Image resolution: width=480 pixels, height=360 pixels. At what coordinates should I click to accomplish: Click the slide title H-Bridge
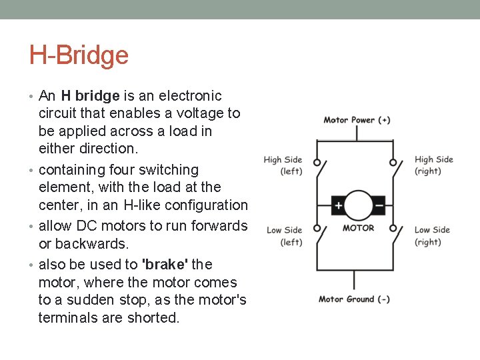click(x=79, y=55)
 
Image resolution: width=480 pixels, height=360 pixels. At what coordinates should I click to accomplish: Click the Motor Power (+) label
click(x=357, y=120)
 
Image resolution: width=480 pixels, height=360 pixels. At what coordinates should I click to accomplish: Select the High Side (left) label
click(x=283, y=165)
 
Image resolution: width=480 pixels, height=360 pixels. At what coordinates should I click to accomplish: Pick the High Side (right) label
click(x=433, y=165)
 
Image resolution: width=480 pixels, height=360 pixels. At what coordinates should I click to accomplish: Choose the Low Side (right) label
click(x=432, y=236)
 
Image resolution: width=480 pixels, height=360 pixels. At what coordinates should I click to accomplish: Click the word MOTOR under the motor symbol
click(x=359, y=228)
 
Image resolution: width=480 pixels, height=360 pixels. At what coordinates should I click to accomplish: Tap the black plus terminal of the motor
click(x=339, y=206)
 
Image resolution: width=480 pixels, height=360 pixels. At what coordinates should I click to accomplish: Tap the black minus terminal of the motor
click(x=378, y=206)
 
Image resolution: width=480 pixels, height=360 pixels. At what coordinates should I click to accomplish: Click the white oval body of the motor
click(x=359, y=205)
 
